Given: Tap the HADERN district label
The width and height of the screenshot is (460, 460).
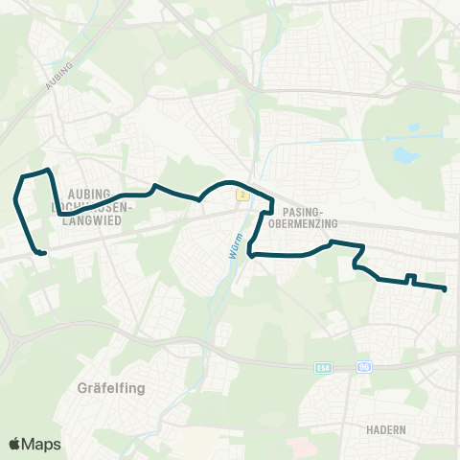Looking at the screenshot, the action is pyautogui.click(x=386, y=430).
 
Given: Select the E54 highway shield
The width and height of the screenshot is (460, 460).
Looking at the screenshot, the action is pyautogui.click(x=321, y=367).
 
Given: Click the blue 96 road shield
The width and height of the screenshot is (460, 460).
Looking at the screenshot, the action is pyautogui.click(x=363, y=366).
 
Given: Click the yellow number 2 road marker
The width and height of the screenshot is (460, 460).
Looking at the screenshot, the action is pyautogui.click(x=243, y=195).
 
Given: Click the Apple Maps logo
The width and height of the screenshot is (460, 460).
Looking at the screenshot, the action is pyautogui.click(x=34, y=444).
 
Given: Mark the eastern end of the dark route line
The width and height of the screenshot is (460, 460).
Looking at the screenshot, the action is pyautogui.click(x=446, y=288).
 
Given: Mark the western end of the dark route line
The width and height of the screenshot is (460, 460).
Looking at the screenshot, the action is pyautogui.click(x=44, y=253).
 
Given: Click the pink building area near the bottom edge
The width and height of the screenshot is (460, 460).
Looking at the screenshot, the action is pyautogui.click(x=298, y=445).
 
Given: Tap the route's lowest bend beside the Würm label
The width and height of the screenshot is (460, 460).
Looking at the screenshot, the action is pyautogui.click(x=250, y=254).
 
